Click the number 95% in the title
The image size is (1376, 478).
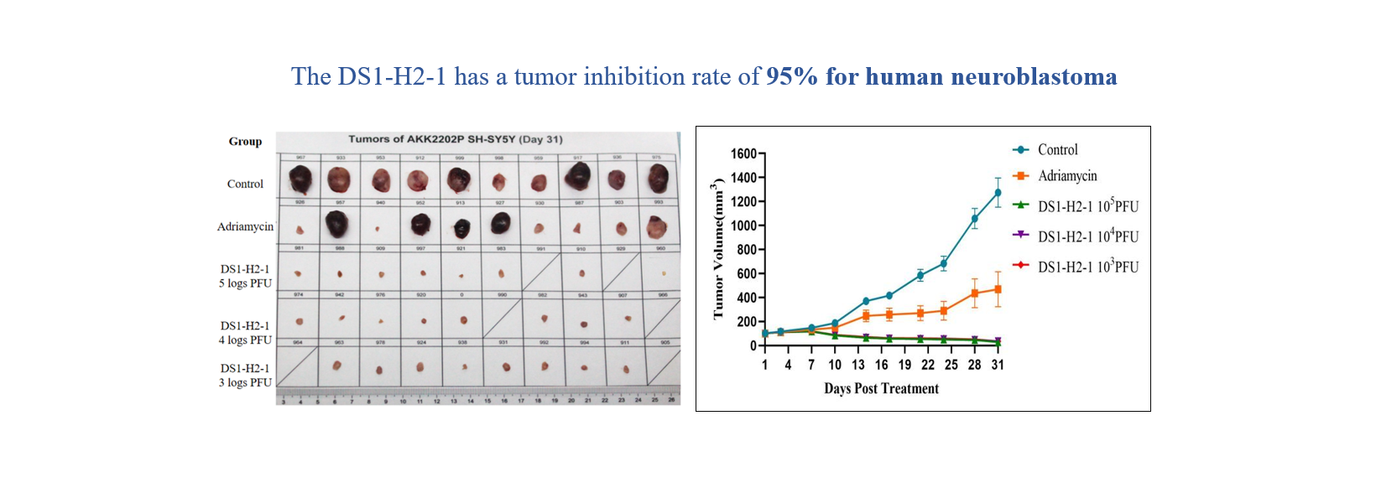[791, 76]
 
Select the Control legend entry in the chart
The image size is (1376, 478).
[1057, 149]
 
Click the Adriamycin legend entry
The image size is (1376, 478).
[1066, 175]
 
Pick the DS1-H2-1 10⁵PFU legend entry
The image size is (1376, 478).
[1087, 206]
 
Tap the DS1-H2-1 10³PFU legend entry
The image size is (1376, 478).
[1087, 267]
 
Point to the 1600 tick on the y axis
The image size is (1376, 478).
[743, 153]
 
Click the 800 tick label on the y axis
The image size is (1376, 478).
[747, 250]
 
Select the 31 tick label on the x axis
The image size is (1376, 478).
[998, 365]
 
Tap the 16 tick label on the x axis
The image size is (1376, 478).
[881, 365]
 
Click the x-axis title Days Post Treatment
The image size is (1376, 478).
[881, 388]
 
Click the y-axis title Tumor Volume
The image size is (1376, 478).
[718, 249]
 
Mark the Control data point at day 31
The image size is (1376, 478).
[998, 193]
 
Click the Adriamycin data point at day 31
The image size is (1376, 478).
[998, 289]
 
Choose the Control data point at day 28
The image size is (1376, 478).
[974, 219]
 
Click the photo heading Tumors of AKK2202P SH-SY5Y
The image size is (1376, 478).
[456, 139]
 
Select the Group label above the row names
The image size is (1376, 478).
[245, 142]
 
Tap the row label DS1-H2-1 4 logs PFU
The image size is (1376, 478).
[245, 333]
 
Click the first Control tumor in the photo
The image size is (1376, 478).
[300, 179]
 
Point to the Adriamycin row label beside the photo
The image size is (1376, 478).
[245, 226]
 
